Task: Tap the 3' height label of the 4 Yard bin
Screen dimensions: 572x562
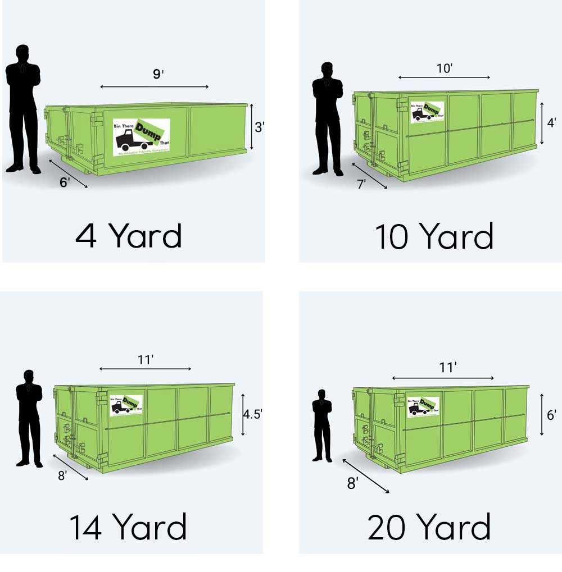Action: [259, 127]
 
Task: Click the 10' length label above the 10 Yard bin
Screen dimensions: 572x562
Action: [445, 68]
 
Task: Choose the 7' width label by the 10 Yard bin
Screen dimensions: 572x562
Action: [362, 184]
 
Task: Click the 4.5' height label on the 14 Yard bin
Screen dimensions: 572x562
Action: [252, 414]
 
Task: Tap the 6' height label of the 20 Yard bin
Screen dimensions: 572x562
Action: [551, 415]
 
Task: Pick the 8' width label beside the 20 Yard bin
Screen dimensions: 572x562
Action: [352, 483]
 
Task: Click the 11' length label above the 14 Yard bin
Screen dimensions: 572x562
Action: [146, 360]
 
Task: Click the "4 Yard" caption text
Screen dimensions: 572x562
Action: [129, 236]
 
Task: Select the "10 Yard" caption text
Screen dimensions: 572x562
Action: [434, 236]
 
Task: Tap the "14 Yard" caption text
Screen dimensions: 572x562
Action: [128, 528]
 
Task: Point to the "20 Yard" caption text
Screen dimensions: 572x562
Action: [429, 528]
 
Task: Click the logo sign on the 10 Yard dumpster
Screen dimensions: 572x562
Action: [427, 111]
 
